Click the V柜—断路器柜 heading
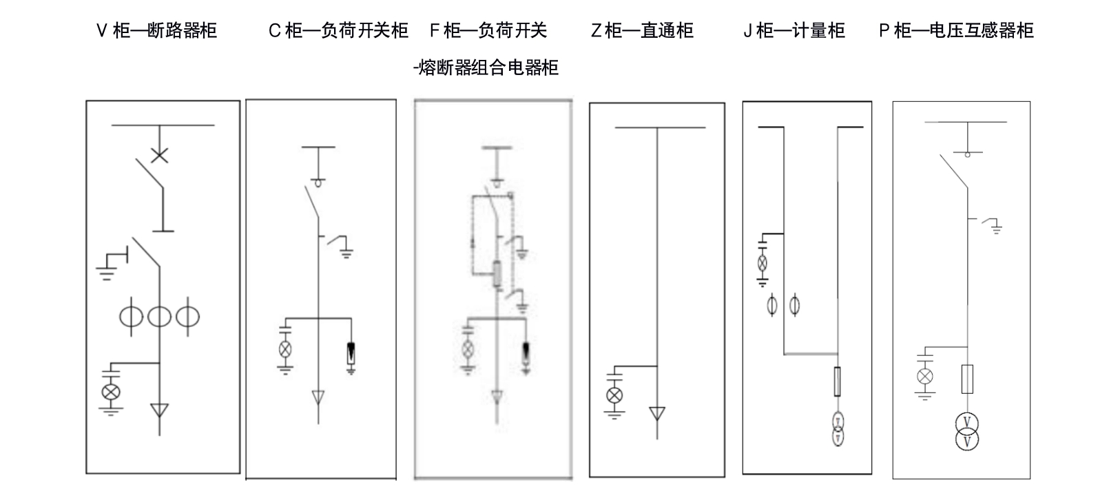point(156,30)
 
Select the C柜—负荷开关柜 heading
point(338,30)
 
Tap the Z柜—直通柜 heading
point(641,30)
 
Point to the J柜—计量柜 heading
point(794,30)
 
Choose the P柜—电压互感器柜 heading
point(956,30)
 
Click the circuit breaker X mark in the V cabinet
point(159,155)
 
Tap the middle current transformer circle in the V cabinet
point(159,316)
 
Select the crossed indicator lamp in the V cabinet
point(110,392)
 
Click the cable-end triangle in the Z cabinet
point(656,413)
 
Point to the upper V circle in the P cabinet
point(967,422)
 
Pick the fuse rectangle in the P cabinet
point(967,379)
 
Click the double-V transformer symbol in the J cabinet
point(838,429)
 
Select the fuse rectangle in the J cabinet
point(838,381)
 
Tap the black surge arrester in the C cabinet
point(351,353)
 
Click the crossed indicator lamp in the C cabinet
point(285,348)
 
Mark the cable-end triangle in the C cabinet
point(318,397)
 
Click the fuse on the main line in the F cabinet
point(496,274)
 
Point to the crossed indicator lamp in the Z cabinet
point(613,395)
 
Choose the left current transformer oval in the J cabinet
point(772,304)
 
